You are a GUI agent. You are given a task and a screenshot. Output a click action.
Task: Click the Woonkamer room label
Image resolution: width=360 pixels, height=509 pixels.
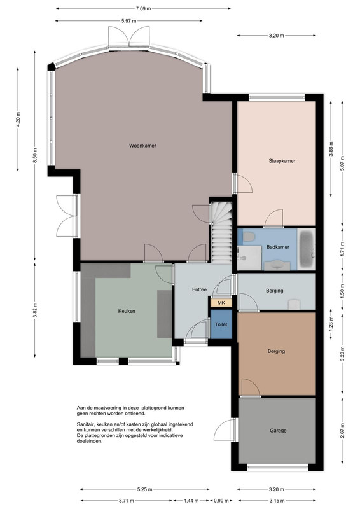[x=142, y=146]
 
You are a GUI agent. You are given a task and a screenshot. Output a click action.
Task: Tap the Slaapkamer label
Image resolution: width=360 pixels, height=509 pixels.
[x=282, y=161]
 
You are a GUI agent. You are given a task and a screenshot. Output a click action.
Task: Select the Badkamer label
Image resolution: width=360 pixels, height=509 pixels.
[x=277, y=247]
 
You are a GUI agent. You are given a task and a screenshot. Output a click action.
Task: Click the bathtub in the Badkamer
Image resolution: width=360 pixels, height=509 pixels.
[x=306, y=249]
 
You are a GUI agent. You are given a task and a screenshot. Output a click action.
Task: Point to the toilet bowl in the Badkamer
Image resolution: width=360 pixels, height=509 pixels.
[x=249, y=236]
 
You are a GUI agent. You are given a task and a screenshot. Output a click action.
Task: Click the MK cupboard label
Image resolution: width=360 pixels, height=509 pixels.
[x=221, y=303]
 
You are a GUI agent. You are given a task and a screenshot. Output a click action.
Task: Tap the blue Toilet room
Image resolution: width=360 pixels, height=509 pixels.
[x=221, y=324]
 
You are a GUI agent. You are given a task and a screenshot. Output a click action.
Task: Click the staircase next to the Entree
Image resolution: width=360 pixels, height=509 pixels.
[x=221, y=232]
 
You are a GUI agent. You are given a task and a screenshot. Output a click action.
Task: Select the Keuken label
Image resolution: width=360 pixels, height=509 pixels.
[x=127, y=311]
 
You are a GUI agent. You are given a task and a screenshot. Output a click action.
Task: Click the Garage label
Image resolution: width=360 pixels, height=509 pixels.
[x=278, y=431]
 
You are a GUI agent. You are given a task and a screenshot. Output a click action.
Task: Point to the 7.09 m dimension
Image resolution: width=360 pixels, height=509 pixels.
[x=144, y=8]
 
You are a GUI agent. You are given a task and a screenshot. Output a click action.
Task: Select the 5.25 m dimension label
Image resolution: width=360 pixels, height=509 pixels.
[x=145, y=489]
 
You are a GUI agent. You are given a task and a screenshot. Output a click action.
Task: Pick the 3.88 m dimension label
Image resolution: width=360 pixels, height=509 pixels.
[x=331, y=149]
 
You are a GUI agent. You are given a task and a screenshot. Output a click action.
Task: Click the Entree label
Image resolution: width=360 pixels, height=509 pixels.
[x=199, y=289]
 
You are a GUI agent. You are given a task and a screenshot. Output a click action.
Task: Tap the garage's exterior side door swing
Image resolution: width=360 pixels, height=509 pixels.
[x=225, y=429]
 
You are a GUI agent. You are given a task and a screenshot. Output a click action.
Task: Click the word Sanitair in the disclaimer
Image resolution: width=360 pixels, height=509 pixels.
[x=85, y=424]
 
